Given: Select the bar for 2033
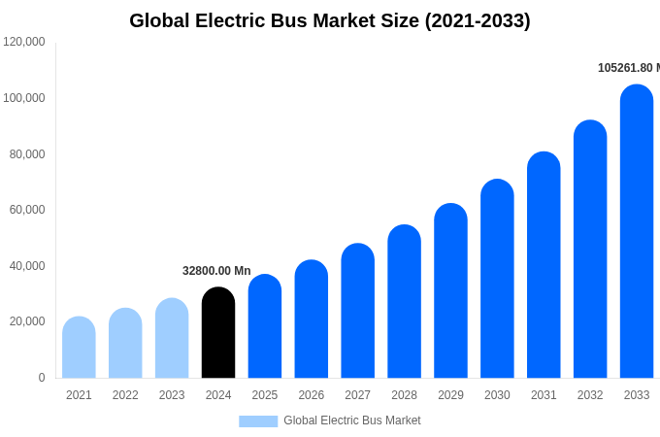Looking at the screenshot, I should click(637, 233).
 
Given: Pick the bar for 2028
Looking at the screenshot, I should click(404, 302).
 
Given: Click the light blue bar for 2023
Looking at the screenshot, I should click(172, 339).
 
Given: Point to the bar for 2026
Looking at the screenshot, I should click(312, 319).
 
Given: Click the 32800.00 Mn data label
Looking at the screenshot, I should click(216, 271).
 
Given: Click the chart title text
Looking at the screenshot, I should click(330, 20).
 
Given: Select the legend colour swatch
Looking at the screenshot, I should click(258, 420).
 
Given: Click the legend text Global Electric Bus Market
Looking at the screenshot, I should click(352, 420).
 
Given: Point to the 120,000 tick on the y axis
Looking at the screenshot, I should click(24, 42).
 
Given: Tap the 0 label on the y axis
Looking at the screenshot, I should click(41, 378).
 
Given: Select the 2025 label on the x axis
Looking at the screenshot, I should click(265, 395).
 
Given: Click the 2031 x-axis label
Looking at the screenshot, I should click(544, 395).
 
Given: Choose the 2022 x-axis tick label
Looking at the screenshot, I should click(125, 395).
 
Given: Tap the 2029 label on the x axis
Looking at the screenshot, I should click(450, 395).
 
